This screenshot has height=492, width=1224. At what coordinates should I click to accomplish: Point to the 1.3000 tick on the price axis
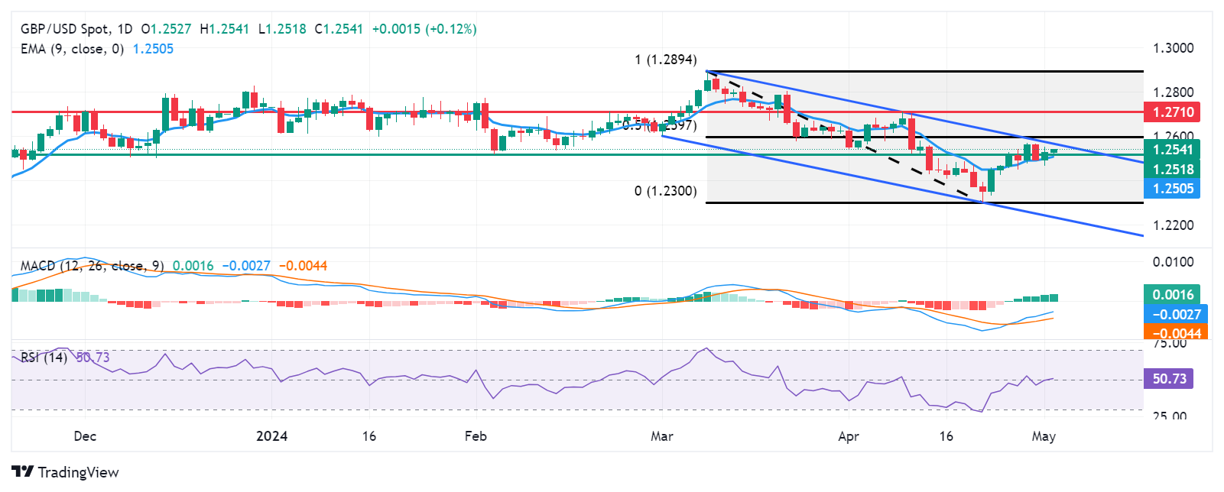(x=1173, y=48)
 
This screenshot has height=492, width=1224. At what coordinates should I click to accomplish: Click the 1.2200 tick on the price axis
(x=1173, y=225)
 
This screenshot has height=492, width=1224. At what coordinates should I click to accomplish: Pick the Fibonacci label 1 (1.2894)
(x=665, y=60)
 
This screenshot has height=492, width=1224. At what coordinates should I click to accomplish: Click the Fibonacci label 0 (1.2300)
(x=665, y=191)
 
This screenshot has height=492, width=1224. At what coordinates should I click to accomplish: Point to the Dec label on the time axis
(x=85, y=436)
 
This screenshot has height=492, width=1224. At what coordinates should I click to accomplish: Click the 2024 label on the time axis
(x=271, y=436)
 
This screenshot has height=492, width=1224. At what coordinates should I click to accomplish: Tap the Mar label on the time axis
(x=662, y=436)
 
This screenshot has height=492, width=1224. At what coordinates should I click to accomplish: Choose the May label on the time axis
(x=1044, y=436)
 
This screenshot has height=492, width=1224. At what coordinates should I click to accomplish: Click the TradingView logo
(x=65, y=472)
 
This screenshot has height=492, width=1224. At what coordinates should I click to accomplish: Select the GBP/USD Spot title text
(x=65, y=29)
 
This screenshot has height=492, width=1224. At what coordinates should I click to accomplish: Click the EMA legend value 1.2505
(x=153, y=49)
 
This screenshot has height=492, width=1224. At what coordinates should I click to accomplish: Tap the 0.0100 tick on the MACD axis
(x=1173, y=262)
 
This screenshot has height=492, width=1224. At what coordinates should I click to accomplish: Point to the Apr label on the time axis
(x=849, y=436)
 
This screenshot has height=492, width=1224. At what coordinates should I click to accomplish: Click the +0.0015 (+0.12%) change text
(x=424, y=29)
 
